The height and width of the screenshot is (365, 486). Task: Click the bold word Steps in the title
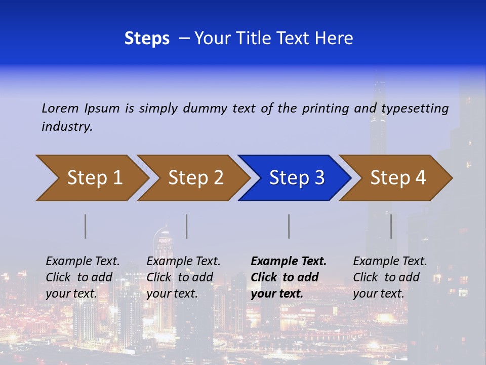click(x=147, y=39)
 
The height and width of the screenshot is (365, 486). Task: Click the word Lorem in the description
click(x=60, y=108)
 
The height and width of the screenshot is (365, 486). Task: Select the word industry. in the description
click(x=67, y=127)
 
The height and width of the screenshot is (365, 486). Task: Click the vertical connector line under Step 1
click(x=86, y=226)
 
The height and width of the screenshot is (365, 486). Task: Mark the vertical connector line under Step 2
click(x=187, y=226)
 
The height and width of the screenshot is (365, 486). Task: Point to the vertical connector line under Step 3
click(x=289, y=226)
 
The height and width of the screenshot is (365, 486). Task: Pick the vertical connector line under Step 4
click(x=391, y=226)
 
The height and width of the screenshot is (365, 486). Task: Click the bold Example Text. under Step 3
click(x=289, y=261)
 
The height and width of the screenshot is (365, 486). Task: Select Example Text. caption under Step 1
click(x=83, y=261)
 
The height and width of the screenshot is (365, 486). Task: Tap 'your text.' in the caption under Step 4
click(x=378, y=294)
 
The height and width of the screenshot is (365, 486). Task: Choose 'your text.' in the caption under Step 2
click(x=172, y=294)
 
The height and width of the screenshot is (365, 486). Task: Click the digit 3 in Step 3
click(x=319, y=178)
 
